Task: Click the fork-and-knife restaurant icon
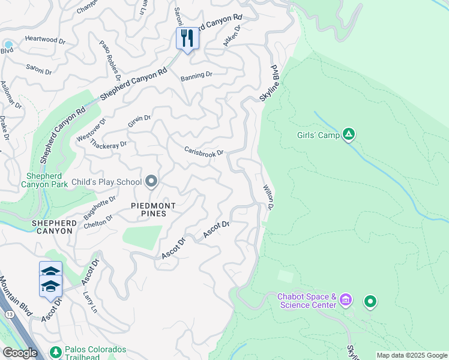(187, 38)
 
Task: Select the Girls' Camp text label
(318, 135)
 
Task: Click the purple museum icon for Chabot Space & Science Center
(345, 299)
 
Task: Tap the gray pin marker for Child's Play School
(151, 181)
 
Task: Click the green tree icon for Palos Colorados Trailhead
(56, 351)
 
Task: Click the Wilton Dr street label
(268, 197)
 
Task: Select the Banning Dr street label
(196, 76)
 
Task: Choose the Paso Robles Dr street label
(110, 61)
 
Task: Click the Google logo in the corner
(20, 353)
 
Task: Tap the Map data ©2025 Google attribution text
(411, 355)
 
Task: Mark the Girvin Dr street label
(139, 121)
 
